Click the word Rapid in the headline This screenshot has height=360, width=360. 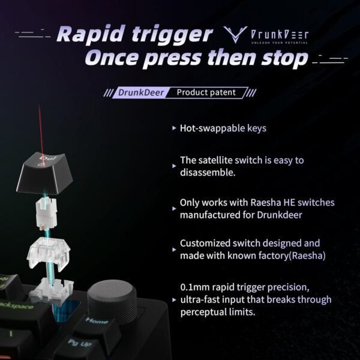tap(91, 34)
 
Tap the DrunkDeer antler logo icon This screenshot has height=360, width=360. tap(235, 34)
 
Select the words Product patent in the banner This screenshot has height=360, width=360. tap(206, 92)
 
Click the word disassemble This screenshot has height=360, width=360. tap(208, 172)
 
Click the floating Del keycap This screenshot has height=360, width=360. tap(44, 173)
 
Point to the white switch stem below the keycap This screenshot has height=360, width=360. tap(46, 213)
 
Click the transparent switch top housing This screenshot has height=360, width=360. tap(49, 253)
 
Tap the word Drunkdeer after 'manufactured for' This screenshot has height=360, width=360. tap(279, 215)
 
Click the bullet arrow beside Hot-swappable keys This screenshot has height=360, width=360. tap(174, 128)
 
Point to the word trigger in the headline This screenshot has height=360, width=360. tap(172, 35)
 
